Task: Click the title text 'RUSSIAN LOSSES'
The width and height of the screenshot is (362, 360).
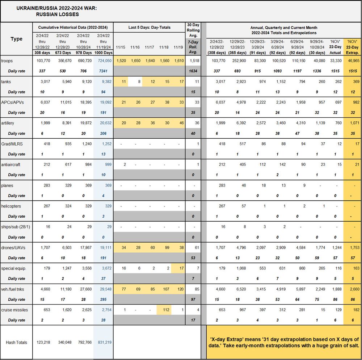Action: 58,14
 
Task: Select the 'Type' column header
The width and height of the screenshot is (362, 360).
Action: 16,39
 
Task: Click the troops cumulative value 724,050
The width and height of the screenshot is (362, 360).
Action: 104,60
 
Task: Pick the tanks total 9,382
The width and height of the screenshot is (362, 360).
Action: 105,81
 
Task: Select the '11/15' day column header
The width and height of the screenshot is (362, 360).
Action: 122,47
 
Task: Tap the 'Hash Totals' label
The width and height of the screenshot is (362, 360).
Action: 16,342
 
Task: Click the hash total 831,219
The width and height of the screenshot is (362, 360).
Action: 104,342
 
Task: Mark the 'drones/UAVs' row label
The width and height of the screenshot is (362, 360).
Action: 13,248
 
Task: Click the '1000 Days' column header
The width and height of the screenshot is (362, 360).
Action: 104,53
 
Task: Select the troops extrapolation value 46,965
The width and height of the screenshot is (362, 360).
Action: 353,60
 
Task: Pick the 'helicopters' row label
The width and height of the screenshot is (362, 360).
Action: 11,206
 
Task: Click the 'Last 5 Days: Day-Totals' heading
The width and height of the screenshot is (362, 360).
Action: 150,28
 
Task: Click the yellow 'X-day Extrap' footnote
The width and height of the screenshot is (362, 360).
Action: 284,342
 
